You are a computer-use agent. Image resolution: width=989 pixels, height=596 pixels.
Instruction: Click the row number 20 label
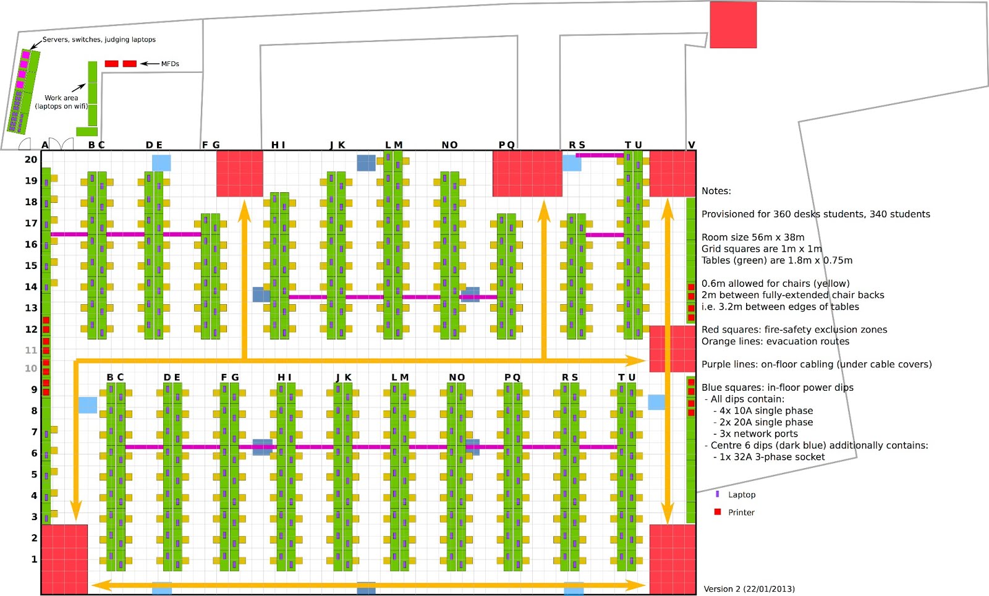coord(31,160)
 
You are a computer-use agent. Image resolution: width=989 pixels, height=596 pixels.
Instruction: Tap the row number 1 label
coord(34,559)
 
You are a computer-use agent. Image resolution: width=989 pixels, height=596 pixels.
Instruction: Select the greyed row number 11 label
coord(31,350)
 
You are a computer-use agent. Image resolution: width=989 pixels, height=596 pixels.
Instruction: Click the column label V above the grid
coord(692,145)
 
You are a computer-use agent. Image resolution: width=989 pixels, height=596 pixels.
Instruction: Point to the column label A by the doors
coord(45,145)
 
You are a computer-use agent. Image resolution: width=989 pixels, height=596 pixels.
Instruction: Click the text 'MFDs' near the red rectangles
coord(170,64)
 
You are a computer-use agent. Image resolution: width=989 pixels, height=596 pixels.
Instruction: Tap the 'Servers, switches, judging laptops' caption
coord(99,40)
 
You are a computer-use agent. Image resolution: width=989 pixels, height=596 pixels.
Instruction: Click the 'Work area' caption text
coord(61,98)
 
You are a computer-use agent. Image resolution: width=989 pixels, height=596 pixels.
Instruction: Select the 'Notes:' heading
coord(716,190)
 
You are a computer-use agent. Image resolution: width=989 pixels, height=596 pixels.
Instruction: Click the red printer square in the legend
coord(718,512)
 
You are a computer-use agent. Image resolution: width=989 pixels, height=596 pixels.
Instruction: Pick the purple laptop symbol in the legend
coord(717,494)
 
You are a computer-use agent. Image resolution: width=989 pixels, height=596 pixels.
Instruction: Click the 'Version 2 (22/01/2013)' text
coord(749,589)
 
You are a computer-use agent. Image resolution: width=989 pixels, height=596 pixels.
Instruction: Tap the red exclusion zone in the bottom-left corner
coord(64,560)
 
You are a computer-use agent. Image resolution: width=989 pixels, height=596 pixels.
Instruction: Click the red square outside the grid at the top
coord(733,25)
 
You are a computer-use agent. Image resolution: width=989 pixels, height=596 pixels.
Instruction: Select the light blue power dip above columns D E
coord(161,163)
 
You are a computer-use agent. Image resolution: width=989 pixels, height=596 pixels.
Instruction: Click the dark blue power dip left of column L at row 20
coord(367,163)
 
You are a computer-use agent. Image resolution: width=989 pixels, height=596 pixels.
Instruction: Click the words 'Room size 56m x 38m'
coord(753,237)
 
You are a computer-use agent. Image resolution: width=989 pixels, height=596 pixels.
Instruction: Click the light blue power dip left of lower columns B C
coord(88,406)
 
